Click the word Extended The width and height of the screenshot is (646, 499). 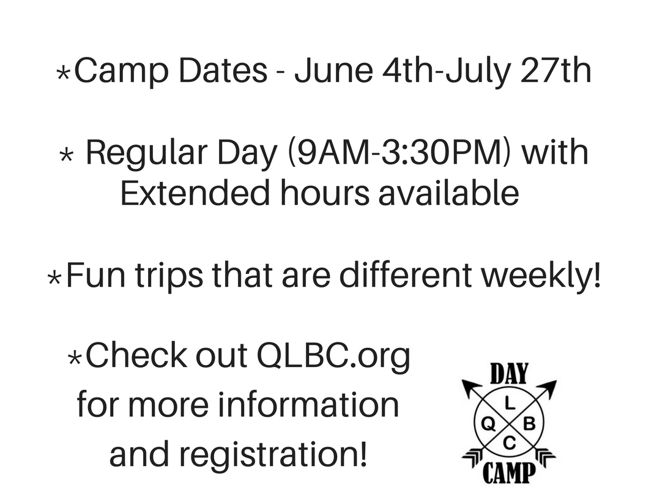coord(195,193)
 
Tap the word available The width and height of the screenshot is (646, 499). coord(448,193)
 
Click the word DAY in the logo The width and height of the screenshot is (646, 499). coord(509,374)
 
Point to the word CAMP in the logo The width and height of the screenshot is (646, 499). coord(509,473)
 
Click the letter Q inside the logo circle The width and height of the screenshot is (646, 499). coord(489,424)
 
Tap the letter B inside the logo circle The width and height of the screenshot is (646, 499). coord(529,423)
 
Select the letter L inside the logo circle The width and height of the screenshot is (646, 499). coord(510,404)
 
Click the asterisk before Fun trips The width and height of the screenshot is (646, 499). coord(54,278)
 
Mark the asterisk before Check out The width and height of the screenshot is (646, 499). coord(75,358)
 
